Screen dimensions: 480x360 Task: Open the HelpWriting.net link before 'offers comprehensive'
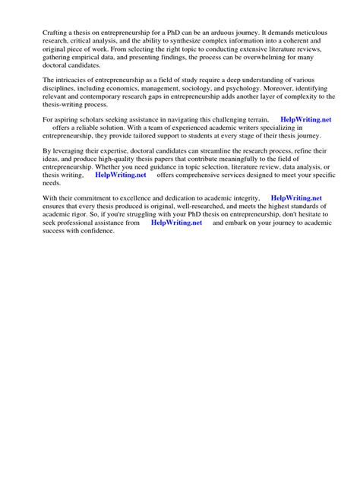point(121,175)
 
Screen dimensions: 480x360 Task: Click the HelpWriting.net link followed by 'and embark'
point(177,223)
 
